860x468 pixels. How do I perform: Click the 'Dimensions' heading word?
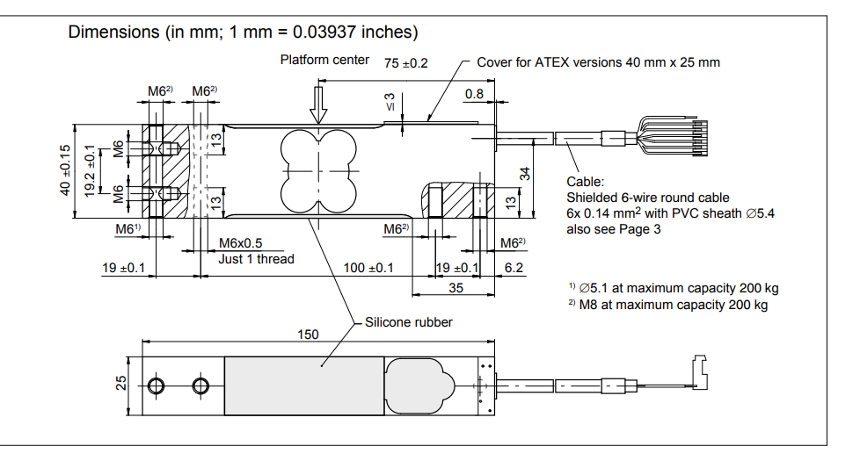[x=113, y=32]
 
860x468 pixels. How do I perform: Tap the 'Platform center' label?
[x=318, y=60]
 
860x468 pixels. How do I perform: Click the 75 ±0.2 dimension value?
[x=406, y=62]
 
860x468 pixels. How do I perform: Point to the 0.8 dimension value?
[x=474, y=94]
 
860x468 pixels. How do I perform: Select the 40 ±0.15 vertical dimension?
[x=65, y=170]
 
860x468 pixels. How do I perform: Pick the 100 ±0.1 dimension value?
[x=368, y=267]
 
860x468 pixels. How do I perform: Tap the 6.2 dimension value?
[x=514, y=267]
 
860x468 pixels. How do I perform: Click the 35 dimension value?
[x=456, y=287]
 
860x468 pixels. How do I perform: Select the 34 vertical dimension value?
[x=525, y=173]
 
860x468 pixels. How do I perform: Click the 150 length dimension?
[x=308, y=335]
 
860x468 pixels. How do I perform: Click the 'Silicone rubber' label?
[x=409, y=322]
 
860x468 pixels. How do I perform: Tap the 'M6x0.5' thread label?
[x=240, y=243]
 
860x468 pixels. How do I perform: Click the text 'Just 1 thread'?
[x=257, y=259]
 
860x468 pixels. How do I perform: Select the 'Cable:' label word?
[x=585, y=182]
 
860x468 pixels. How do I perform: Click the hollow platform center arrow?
[x=318, y=106]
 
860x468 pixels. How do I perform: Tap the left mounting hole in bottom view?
[x=157, y=385]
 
